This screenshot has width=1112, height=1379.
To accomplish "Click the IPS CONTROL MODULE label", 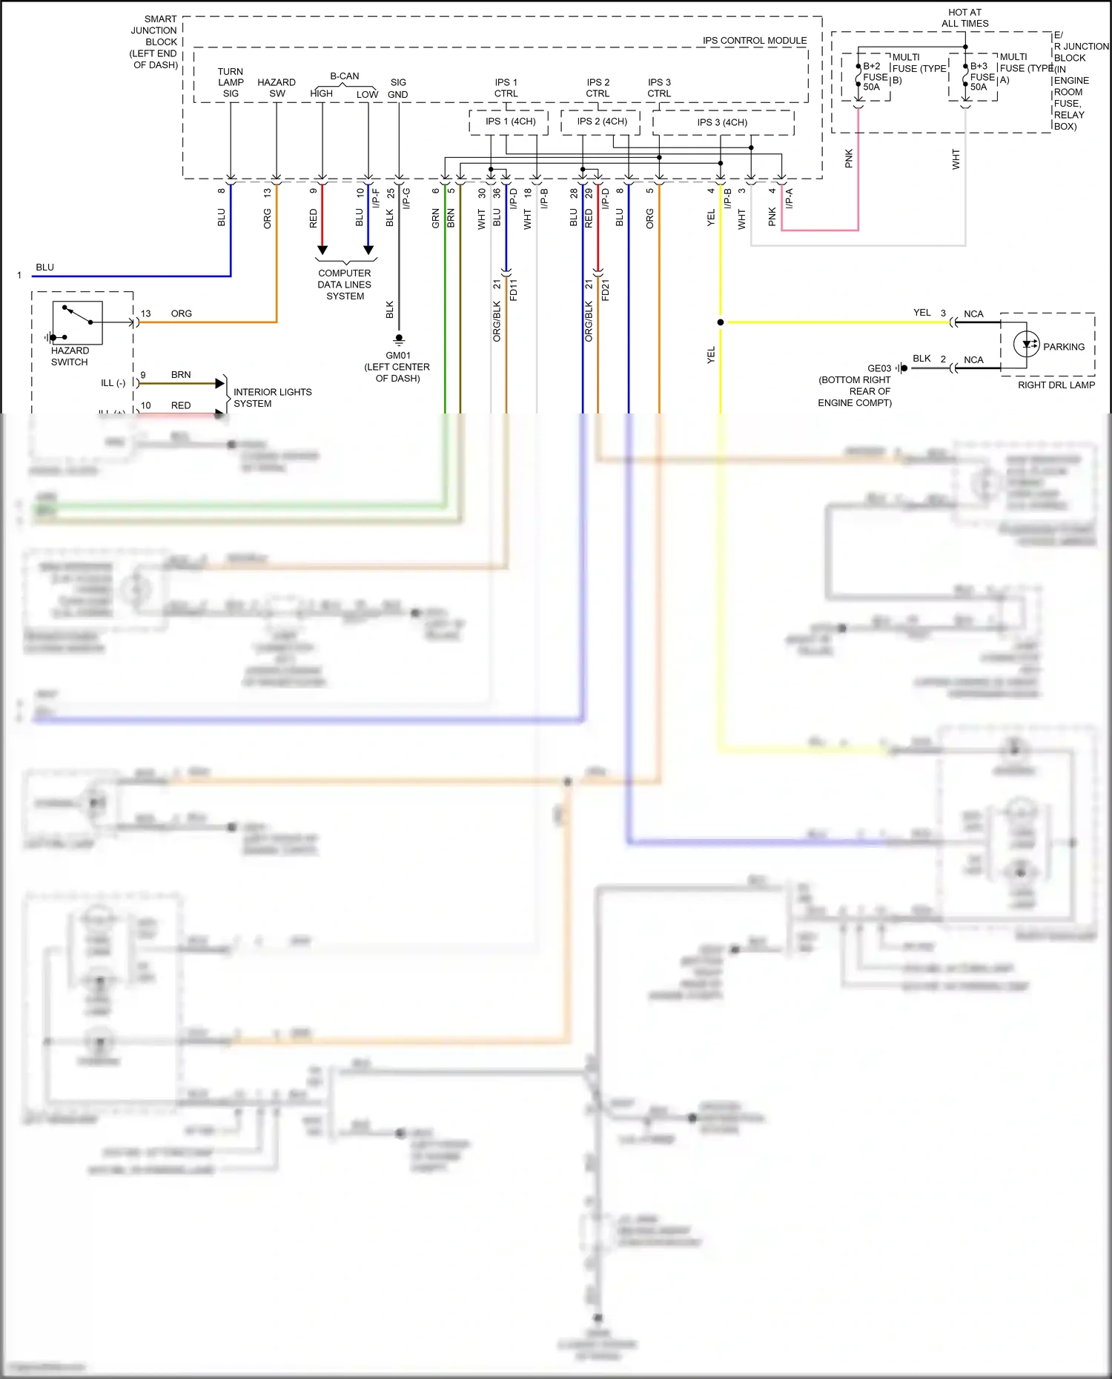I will point(754,41).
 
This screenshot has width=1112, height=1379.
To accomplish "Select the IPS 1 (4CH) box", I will point(509,122).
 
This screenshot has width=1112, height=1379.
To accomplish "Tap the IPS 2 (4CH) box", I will point(601,122).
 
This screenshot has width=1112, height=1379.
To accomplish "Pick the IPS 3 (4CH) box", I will point(722,122).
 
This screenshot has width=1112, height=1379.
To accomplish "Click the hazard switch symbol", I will point(77,322).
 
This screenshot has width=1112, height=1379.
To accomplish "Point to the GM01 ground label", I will point(397,356).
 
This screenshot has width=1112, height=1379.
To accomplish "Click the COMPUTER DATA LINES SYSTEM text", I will point(345,285).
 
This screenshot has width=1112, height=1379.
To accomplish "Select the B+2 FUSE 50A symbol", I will point(858,76).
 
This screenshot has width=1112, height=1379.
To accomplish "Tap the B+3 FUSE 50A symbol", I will point(965,76).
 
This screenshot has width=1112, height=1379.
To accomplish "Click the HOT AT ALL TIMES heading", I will point(964,18).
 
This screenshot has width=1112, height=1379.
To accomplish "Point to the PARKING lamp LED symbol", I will point(1027,345).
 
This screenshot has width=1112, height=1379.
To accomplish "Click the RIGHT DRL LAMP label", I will point(1056,385).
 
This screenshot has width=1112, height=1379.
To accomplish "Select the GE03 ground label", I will point(879,368).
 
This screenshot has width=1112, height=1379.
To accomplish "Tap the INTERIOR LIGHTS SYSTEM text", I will point(272,398).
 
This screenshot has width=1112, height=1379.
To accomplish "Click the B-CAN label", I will point(344,76).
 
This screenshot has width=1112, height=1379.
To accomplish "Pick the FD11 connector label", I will point(514,290).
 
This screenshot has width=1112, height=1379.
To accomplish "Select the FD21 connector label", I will point(606,290).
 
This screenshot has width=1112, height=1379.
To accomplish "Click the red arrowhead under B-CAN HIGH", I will point(322,250).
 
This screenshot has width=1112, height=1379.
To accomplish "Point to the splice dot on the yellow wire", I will point(721,322).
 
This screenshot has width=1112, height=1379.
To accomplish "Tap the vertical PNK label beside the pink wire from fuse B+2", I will point(849,159).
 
